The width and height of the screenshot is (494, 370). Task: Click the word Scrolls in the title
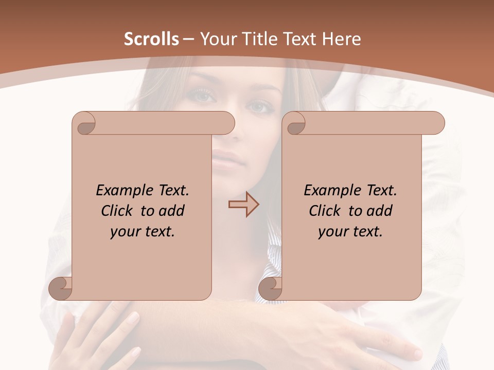[152, 39]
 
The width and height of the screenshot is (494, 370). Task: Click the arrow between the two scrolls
[243, 204]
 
